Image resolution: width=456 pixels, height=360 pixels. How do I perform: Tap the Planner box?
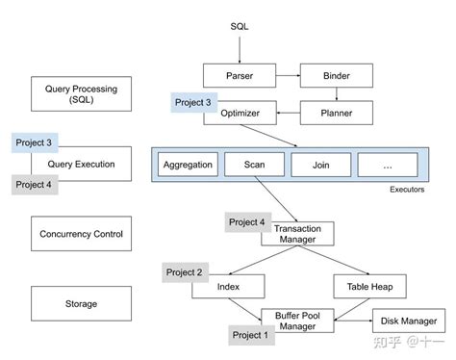[336, 114]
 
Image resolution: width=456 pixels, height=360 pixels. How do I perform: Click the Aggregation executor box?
[189, 164]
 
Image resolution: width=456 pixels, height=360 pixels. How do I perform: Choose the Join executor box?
[319, 164]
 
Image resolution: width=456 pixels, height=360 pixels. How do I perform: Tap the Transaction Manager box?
[296, 234]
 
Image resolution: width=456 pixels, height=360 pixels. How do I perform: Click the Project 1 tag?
[251, 336]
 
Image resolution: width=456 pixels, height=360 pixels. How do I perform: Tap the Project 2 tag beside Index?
[185, 272]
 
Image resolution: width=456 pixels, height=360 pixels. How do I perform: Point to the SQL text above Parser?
[239, 25]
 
